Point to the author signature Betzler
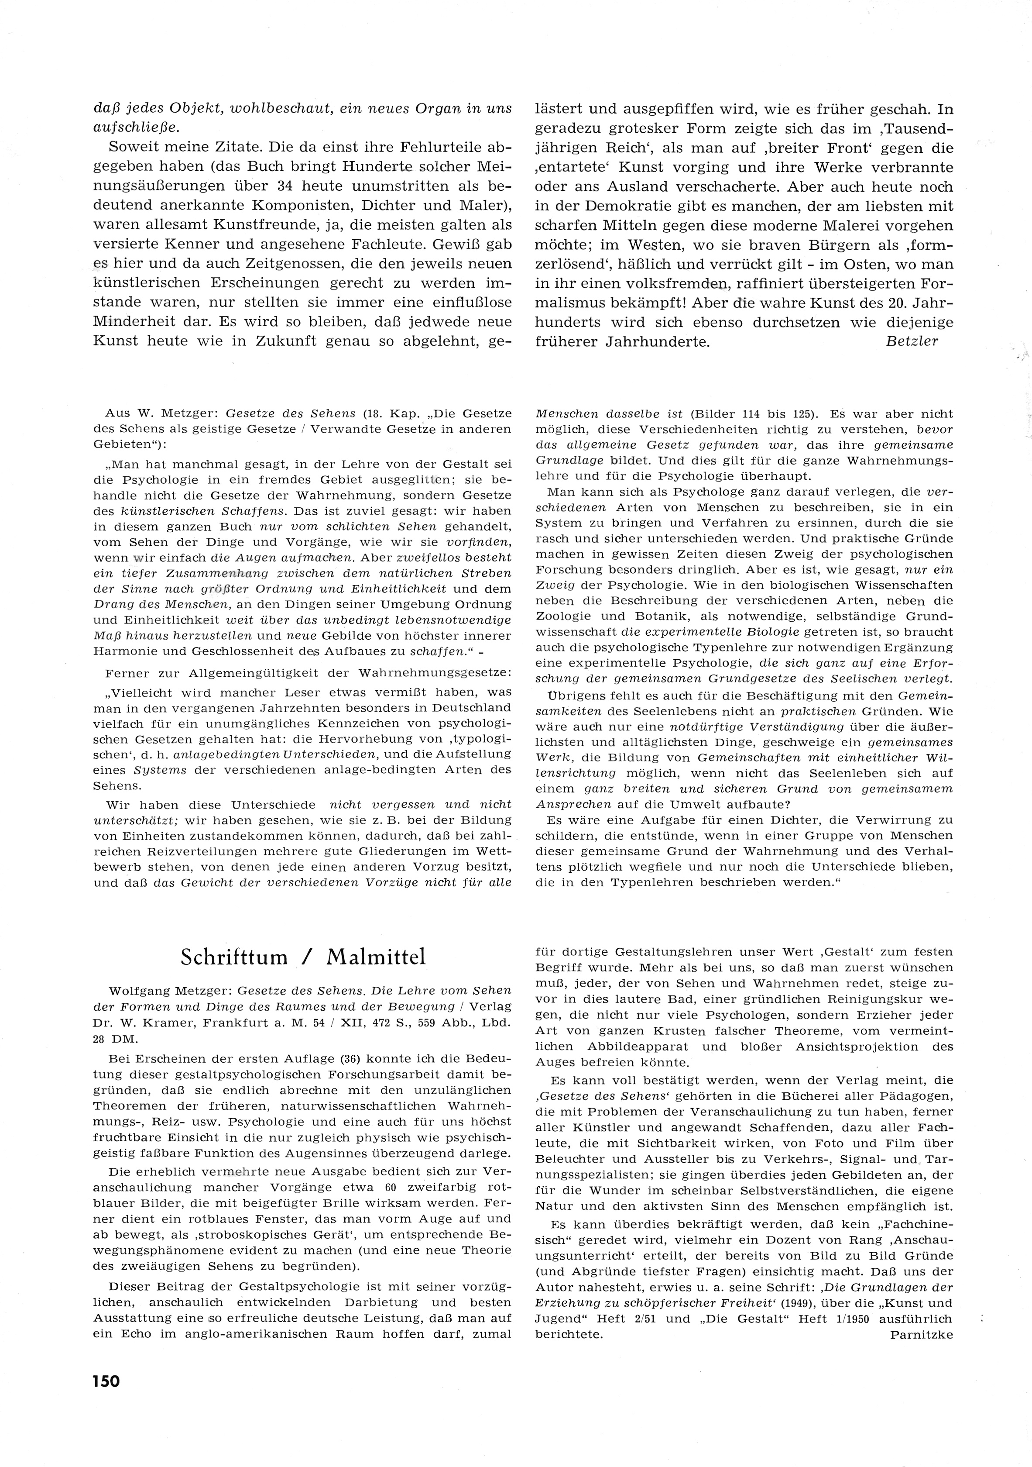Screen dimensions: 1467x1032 912,341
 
